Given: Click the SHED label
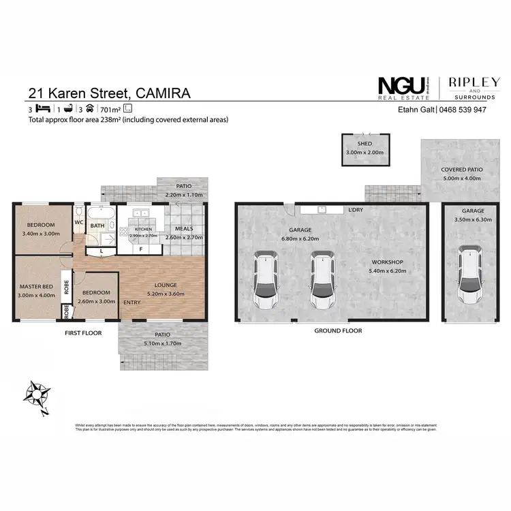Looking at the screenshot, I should click(364, 144).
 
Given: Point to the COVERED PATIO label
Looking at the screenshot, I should click(462, 170).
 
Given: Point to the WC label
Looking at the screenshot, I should click(79, 222).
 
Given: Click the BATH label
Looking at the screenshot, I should click(97, 226).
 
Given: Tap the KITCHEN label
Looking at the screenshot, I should click(142, 230).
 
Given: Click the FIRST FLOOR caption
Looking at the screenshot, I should click(83, 333).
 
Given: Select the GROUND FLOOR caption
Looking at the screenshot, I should click(338, 330).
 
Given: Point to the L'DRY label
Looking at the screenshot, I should click(354, 210).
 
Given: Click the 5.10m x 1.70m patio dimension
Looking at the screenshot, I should click(162, 344).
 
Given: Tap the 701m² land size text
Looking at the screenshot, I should click(109, 109).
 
